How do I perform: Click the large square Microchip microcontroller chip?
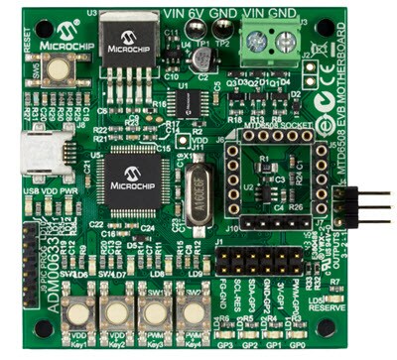132,180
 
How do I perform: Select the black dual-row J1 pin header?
258,263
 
